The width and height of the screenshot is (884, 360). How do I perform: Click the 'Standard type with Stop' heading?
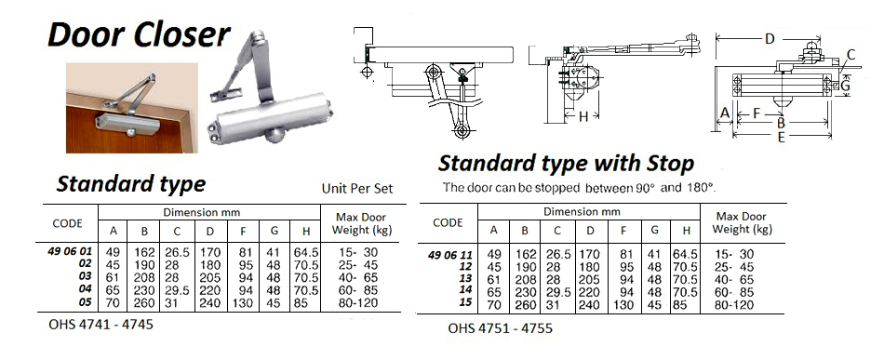tap(566, 165)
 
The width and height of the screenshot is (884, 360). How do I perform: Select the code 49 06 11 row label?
tap(448, 253)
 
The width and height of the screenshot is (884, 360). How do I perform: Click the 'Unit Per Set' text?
tap(357, 188)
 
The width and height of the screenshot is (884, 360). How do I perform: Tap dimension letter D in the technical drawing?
tap(769, 39)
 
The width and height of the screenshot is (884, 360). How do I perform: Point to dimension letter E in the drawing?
tap(780, 136)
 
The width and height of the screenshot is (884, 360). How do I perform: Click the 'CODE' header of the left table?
tap(69, 223)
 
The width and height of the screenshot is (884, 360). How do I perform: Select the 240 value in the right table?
tap(588, 304)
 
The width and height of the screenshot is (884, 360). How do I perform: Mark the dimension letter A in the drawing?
tap(724, 113)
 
